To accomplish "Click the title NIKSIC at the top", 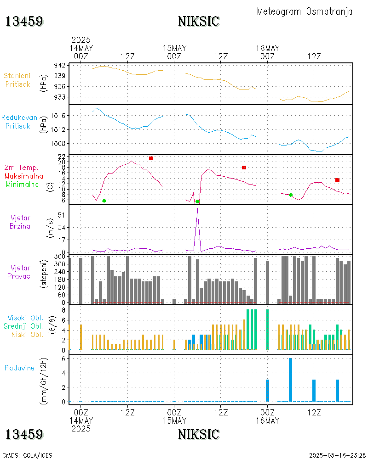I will (198, 22).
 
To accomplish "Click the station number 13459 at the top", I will (24, 22).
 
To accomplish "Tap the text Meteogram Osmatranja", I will (305, 11).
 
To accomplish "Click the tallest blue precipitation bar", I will (290, 379).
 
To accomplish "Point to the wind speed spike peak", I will (197, 209).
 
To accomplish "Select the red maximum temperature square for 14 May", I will (151, 158).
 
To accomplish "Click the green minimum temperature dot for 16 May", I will (290, 195).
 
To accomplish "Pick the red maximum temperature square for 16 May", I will (337, 180).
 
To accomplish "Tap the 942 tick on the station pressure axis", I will (60, 65).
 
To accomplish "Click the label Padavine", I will (19, 368).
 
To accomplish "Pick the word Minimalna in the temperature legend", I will (23, 184).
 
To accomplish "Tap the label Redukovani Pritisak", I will (20, 122).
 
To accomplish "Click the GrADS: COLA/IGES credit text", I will (28, 455).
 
